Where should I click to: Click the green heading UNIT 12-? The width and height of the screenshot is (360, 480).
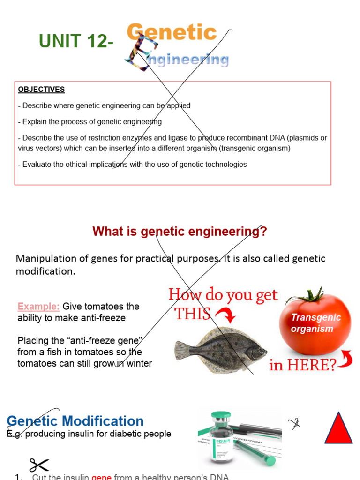76,42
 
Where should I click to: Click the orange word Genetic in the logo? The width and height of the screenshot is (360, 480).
172,33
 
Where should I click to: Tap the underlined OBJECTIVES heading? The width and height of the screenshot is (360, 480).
41,90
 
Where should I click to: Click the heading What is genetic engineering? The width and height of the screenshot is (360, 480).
180,231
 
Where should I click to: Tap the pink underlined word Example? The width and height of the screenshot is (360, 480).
38,307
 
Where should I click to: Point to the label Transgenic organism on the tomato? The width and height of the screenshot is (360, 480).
315,323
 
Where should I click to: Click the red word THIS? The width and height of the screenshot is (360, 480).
192,314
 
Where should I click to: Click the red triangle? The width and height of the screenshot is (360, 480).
338,428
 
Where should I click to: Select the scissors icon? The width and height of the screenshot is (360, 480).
38,465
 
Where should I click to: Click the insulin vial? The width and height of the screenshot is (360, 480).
221,439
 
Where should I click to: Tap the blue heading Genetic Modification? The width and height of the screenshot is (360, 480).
75,421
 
